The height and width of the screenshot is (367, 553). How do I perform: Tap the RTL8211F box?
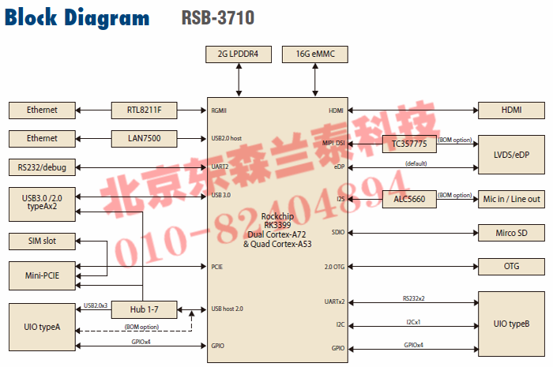pos(142,110)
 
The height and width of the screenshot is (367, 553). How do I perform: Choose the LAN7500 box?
pos(142,138)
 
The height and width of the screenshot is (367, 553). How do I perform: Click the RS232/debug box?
pos(42,167)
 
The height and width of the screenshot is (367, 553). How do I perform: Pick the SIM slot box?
pos(42,239)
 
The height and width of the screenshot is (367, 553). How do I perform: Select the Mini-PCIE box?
pos(42,275)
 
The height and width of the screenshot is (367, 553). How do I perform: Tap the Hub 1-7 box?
pos(143,308)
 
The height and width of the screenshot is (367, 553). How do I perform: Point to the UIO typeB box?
pos(511,324)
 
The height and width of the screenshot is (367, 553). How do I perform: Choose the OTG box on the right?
pos(511,267)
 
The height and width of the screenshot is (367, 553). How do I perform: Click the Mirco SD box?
pos(511,233)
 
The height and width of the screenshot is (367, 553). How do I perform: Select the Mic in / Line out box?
pos(511,199)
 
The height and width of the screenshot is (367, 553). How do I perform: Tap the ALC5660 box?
pos(408,199)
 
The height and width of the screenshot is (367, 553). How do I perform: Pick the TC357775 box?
pos(408,144)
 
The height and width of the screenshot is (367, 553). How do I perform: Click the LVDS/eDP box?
pos(511,154)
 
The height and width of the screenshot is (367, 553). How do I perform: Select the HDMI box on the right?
pos(511,110)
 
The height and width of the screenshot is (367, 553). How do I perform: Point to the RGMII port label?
pos(220,110)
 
